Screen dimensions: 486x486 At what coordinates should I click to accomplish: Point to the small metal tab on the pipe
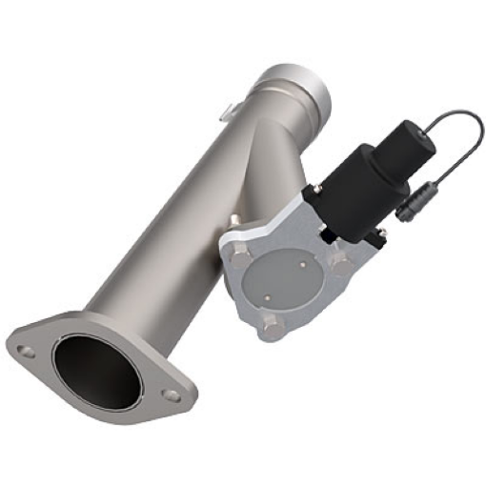point(226,112)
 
